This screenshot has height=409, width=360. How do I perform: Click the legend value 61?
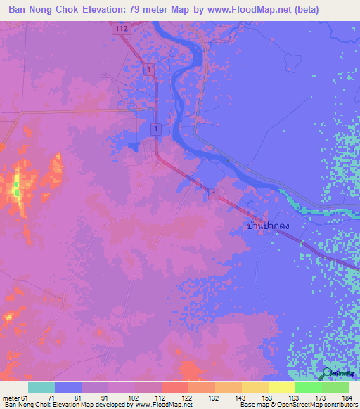pyautogui.click(x=25, y=398)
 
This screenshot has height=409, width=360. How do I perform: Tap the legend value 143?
pyautogui.click(x=241, y=398)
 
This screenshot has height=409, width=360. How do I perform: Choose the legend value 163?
pyautogui.click(x=295, y=398)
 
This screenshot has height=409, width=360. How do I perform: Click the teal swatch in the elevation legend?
pyautogui.click(x=41, y=387)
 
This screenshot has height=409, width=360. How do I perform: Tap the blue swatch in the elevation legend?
pyautogui.click(x=68, y=387)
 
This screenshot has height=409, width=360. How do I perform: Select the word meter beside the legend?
pyautogui.click(x=11, y=398)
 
